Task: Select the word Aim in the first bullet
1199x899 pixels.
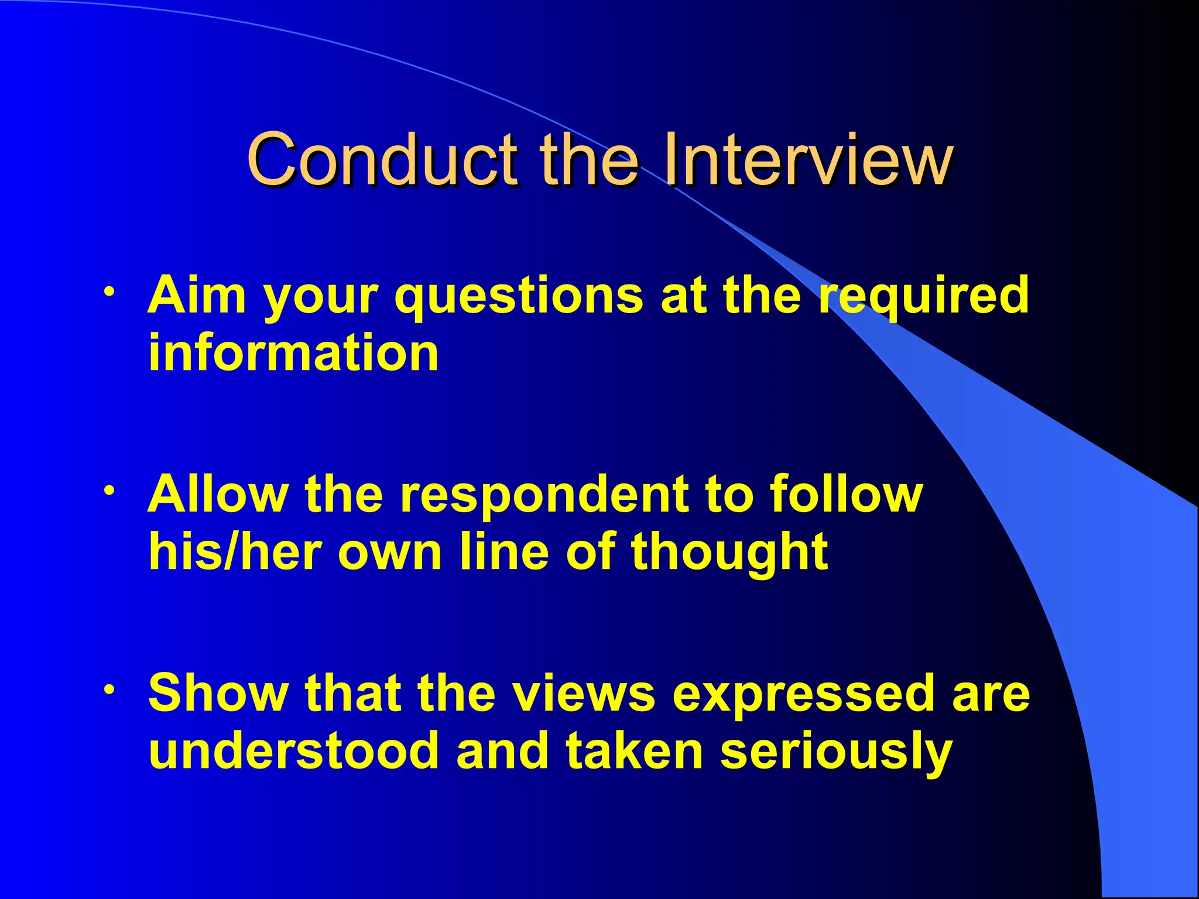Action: [196, 295]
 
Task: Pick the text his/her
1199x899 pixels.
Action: [235, 552]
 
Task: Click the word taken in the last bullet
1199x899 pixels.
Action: [635, 751]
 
